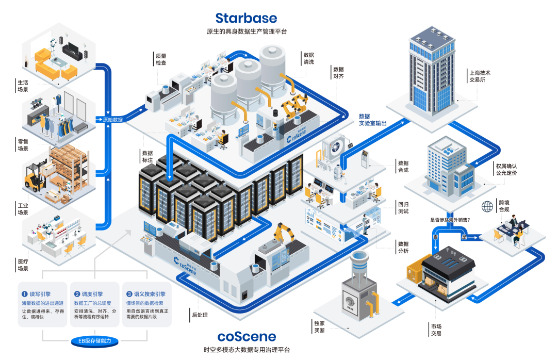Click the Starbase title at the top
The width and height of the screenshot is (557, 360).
point(246,18)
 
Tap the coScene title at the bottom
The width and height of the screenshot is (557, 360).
point(247,337)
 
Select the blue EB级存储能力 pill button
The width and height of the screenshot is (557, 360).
point(95,341)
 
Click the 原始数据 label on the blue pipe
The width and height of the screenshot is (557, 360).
point(112,120)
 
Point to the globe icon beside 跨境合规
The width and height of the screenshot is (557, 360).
point(487,206)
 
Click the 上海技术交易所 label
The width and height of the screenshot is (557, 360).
point(480,76)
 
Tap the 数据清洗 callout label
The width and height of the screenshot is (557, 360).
point(309,58)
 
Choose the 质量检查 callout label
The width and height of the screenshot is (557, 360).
point(161,59)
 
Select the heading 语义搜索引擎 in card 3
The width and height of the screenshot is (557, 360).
point(150,294)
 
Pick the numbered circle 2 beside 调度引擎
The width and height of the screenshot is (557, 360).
point(77,294)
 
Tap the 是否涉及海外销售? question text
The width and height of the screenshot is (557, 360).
point(450,220)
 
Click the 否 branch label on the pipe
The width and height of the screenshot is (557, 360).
point(435,237)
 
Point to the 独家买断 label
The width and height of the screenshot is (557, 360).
point(319,327)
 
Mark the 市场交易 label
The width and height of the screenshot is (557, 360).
point(436,330)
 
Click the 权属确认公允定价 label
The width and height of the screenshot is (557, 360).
point(506,170)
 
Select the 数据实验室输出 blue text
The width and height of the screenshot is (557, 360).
point(373,120)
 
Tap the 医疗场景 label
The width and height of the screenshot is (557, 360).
point(23,265)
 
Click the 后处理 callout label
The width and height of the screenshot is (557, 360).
point(200,315)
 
